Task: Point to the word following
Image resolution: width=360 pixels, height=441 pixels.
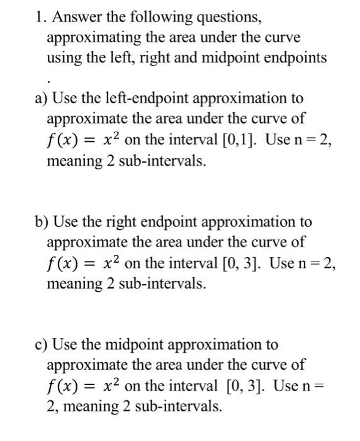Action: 162,18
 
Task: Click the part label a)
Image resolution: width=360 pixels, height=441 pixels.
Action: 42,98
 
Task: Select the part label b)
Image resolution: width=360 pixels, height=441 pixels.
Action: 43,222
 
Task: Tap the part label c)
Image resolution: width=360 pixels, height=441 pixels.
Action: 42,345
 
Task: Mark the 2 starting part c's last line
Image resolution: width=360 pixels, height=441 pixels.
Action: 51,406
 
